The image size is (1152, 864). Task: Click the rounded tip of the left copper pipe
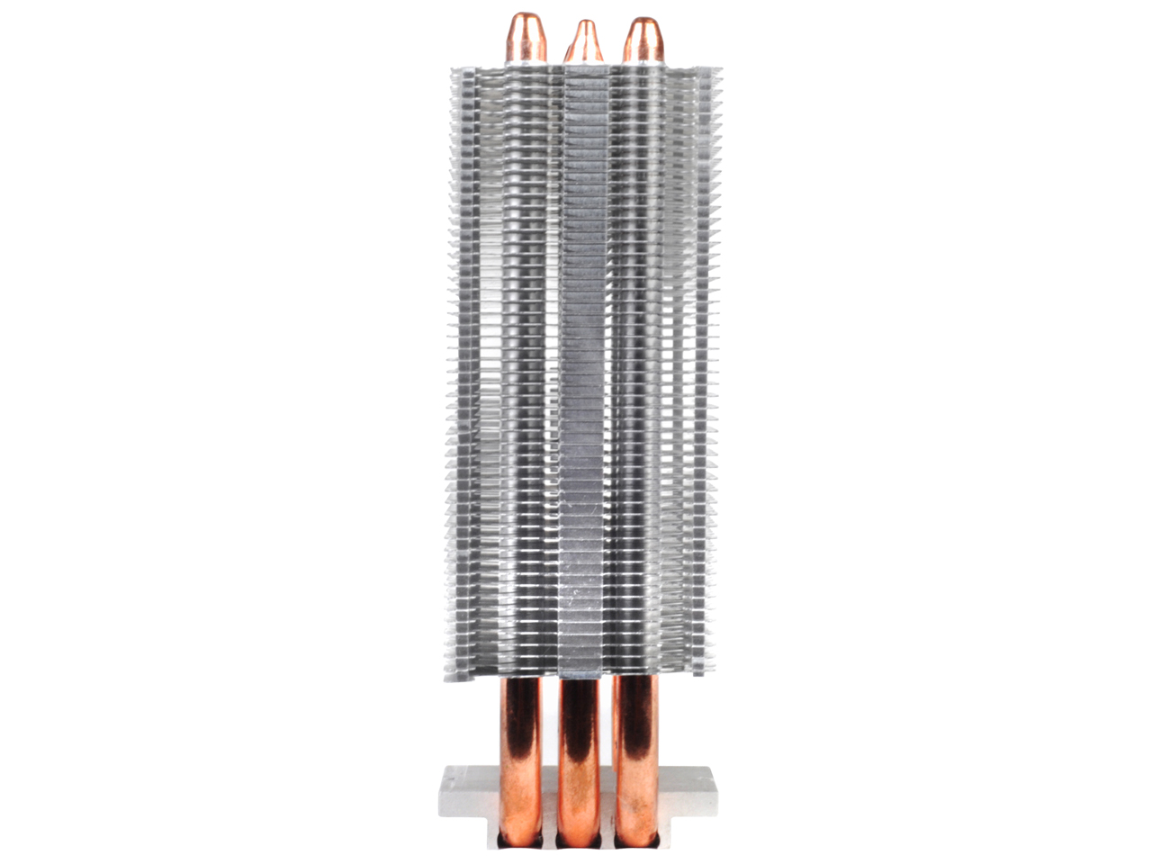(526, 36)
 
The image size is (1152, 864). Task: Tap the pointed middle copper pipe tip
(584, 40)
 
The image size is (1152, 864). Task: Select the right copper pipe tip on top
(643, 39)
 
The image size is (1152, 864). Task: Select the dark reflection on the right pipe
(640, 720)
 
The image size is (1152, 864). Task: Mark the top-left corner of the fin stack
(452, 67)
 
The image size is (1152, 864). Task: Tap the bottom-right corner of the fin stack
(711, 670)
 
